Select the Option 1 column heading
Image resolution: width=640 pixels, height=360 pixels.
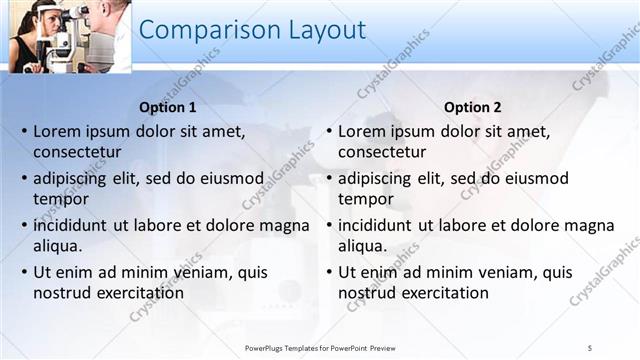click(166, 107)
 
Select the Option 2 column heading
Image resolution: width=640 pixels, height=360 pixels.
click(472, 107)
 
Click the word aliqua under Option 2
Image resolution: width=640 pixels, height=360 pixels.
click(364, 246)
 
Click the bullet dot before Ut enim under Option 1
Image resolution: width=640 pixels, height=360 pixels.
click(22, 272)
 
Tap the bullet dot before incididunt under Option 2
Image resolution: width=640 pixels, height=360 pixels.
click(327, 225)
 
